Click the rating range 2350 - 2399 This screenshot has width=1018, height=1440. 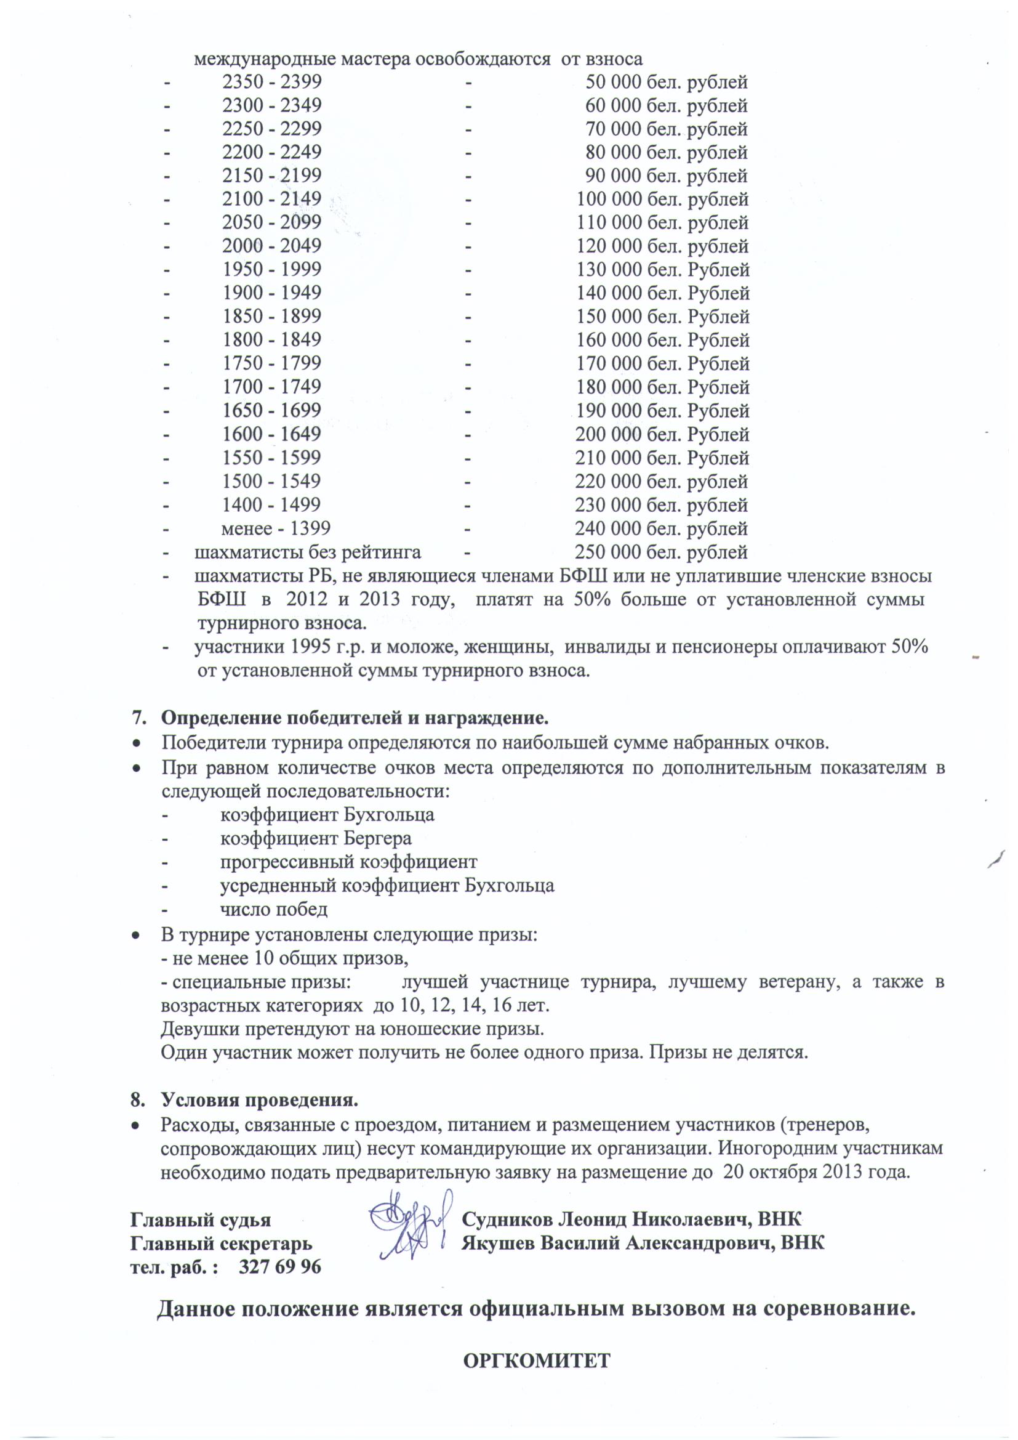pos(271,82)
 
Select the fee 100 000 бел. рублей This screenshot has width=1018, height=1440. pos(662,200)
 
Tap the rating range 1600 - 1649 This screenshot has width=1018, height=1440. pos(271,434)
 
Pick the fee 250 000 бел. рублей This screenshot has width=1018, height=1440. pos(660,552)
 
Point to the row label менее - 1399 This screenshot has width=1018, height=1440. pos(275,528)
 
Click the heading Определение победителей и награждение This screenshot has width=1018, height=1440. pos(355,717)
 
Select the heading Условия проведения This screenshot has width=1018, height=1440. pos(260,1100)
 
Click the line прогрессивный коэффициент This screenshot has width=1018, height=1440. pos(348,862)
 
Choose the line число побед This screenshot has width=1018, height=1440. pos(274,909)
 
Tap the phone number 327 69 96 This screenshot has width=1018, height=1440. pos(279,1267)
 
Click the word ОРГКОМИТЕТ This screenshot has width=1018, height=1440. pos(536,1359)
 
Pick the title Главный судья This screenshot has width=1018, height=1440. pos(201,1220)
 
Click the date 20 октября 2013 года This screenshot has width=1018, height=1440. pos(816,1172)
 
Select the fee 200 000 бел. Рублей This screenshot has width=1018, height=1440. pos(662,434)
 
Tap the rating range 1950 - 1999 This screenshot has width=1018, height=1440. pos(271,270)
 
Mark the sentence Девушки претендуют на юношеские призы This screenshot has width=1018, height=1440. pos(352,1029)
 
